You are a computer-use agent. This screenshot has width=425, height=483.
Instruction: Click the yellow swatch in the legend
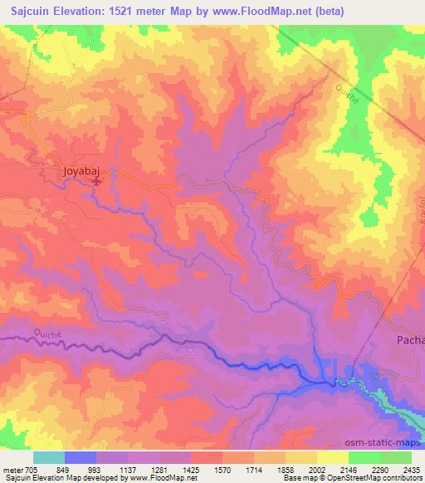(333, 457)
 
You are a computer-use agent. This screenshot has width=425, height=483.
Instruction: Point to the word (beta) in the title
(327, 12)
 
